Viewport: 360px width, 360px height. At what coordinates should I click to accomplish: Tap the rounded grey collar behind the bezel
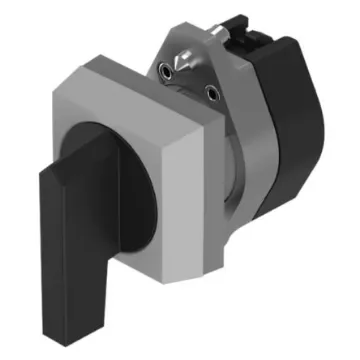(x=240, y=200)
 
